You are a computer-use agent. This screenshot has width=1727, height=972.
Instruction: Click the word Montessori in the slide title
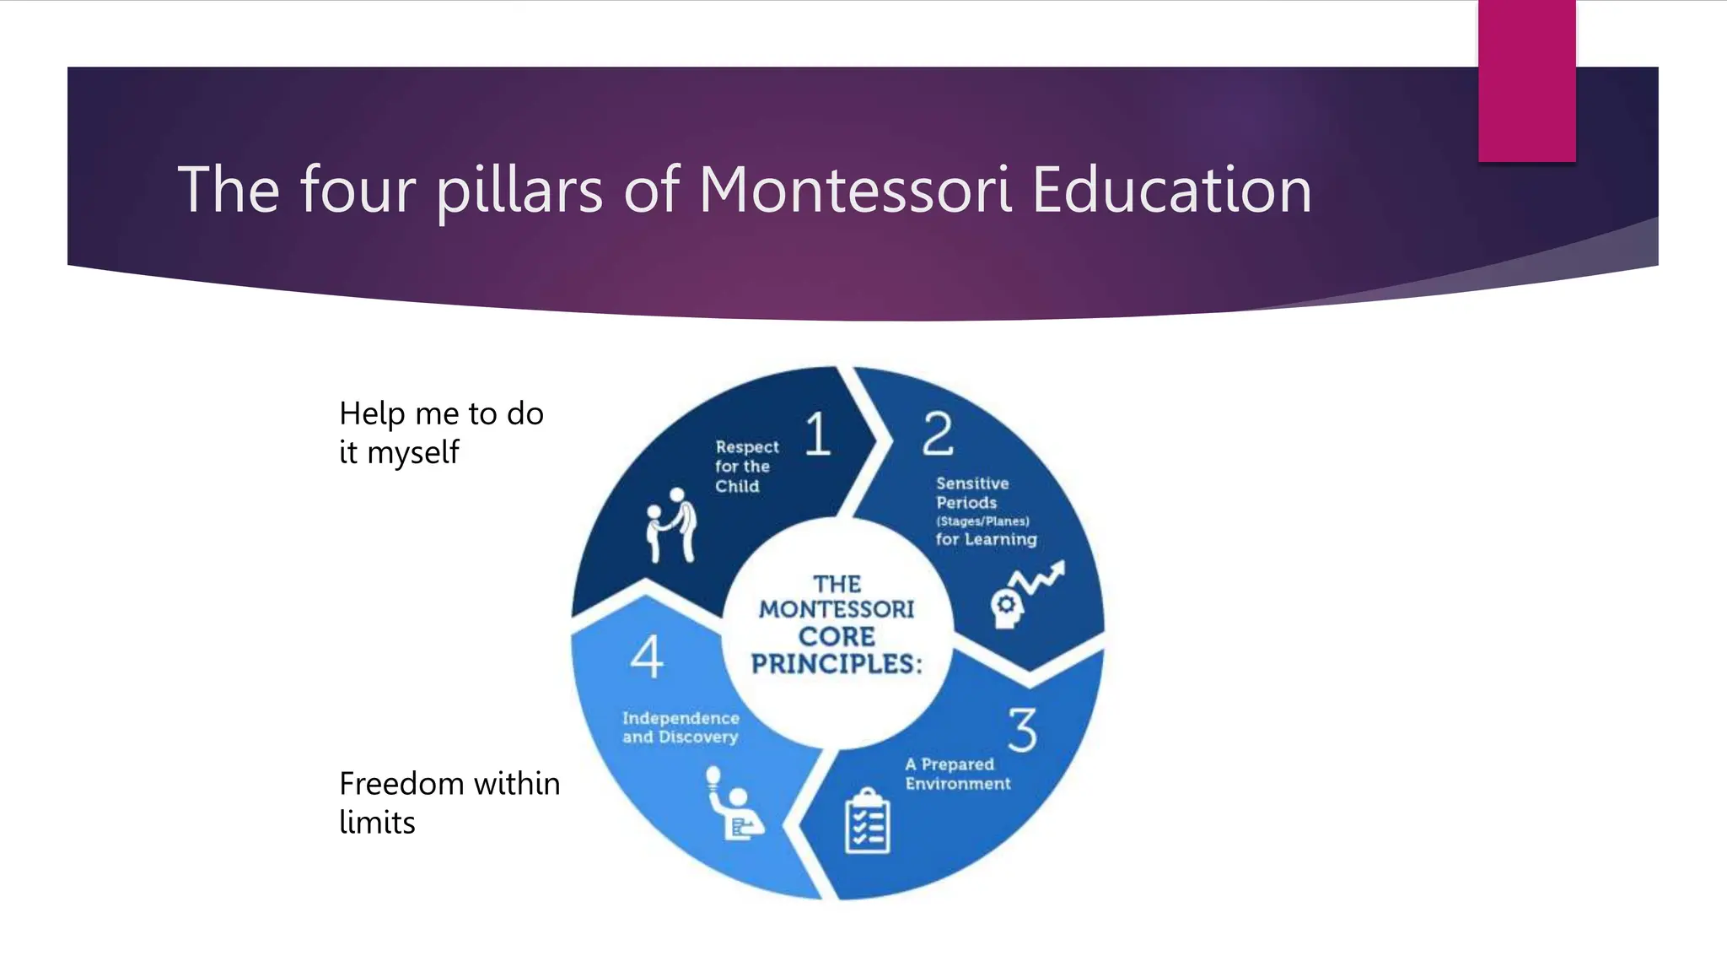855,189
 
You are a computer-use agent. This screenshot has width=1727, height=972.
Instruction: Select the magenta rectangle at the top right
1526,81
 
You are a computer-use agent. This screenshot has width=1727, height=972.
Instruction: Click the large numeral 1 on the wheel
817,434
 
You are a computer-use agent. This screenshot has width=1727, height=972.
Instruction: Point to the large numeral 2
937,434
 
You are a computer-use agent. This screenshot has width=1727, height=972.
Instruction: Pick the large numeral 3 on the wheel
1022,730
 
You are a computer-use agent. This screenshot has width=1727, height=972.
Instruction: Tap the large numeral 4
647,656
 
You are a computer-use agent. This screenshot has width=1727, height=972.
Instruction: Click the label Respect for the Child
746,466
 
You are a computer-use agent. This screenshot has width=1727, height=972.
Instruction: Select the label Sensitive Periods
972,493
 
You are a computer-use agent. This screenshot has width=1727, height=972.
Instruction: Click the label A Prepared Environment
957,774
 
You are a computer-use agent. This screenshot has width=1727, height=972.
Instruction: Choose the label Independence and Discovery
681,727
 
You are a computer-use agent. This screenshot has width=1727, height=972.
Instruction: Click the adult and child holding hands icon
672,525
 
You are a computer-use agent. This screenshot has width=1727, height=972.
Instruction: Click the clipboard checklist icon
867,821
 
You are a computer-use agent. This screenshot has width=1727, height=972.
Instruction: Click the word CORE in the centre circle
837,636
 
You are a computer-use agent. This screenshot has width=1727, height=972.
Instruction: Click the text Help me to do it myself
441,433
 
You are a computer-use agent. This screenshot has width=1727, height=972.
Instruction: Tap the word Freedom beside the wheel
401,784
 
